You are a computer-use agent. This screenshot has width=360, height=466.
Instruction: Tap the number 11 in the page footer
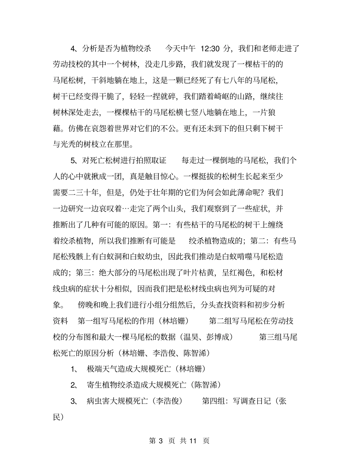coord(193,441)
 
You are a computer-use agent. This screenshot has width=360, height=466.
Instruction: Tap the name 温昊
coord(191,337)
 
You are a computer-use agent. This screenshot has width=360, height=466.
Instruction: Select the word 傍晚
coord(86,305)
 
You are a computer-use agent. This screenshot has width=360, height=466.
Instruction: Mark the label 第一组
coord(89,321)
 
